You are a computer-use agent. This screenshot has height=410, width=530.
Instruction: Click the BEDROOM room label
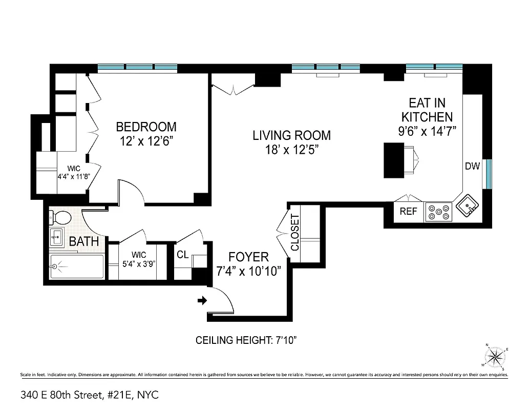click(146, 127)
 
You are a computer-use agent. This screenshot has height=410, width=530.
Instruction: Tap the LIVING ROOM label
click(291, 135)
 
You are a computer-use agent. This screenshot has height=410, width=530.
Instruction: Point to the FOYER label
click(248, 257)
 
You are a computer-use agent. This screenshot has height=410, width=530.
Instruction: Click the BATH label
click(84, 241)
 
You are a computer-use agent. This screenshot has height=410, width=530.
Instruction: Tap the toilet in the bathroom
click(61, 217)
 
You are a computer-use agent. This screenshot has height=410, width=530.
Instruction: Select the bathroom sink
click(57, 237)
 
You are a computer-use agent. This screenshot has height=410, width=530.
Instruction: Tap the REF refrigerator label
click(408, 211)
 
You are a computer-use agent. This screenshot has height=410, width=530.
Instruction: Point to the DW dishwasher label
click(472, 166)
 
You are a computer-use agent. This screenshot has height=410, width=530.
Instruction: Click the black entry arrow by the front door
click(202, 300)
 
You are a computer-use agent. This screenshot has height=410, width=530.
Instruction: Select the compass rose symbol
click(495, 355)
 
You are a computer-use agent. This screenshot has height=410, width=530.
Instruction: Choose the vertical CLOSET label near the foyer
click(295, 232)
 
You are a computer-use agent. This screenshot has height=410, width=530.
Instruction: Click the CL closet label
click(182, 255)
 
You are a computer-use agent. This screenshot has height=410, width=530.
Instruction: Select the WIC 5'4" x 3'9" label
click(138, 259)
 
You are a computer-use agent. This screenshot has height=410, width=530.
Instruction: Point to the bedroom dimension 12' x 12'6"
click(146, 141)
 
